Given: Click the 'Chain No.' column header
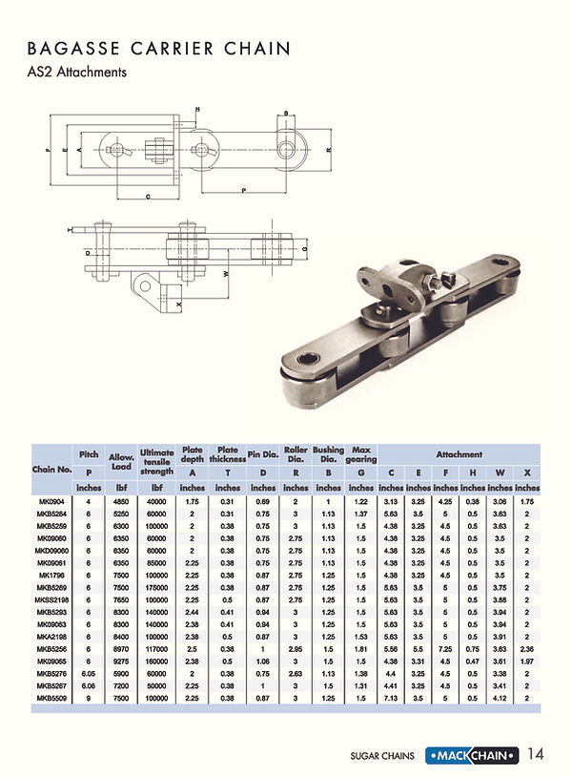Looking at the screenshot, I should click(52, 469).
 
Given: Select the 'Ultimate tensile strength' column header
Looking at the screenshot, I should click(156, 462).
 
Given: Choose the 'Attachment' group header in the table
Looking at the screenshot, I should click(459, 454).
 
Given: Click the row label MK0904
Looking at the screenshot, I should click(52, 501).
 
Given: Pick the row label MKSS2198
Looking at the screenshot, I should click(52, 599).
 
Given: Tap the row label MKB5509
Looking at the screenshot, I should click(52, 698).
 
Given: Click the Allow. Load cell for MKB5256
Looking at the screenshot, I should click(119, 648).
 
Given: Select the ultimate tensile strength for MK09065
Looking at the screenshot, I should click(156, 661).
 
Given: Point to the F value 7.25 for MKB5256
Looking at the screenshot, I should click(446, 648).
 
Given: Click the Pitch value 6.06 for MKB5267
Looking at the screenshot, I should click(89, 685).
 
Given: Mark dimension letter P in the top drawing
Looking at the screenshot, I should click(244, 190).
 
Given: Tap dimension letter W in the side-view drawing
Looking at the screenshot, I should click(225, 273).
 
